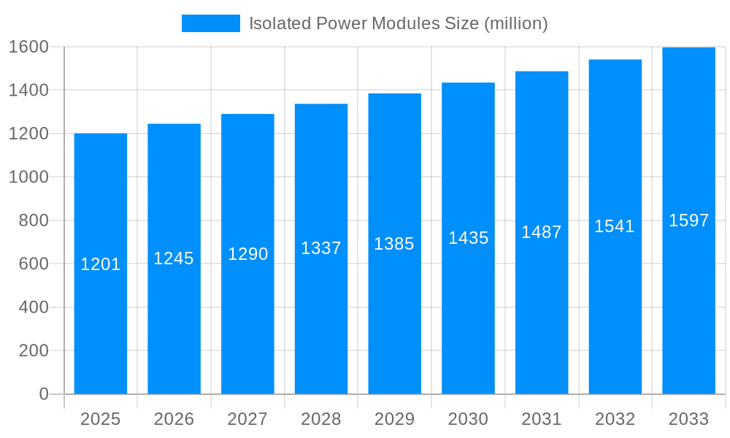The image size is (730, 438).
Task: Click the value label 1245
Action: tap(174, 258)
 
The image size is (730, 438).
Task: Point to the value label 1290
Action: tap(248, 254)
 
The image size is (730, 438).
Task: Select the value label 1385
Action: tap(394, 244)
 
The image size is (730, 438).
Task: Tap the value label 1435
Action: tap(468, 238)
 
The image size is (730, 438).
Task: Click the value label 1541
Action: tap(615, 226)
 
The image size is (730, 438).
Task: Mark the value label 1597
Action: tap(688, 220)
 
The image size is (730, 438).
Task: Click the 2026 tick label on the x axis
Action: tap(174, 419)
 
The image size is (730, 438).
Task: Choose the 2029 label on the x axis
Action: tap(394, 419)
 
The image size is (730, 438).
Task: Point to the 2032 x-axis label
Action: tap(615, 419)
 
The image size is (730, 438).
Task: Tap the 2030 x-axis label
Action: tap(468, 419)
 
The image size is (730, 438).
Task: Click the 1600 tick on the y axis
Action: tap(28, 47)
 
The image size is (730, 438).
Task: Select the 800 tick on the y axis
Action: tap(33, 220)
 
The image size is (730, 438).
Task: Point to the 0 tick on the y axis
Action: tap(43, 394)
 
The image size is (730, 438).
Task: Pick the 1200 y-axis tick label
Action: tap(28, 134)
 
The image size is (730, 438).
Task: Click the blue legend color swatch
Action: tap(210, 23)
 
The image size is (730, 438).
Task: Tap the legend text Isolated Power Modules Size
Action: tap(398, 23)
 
